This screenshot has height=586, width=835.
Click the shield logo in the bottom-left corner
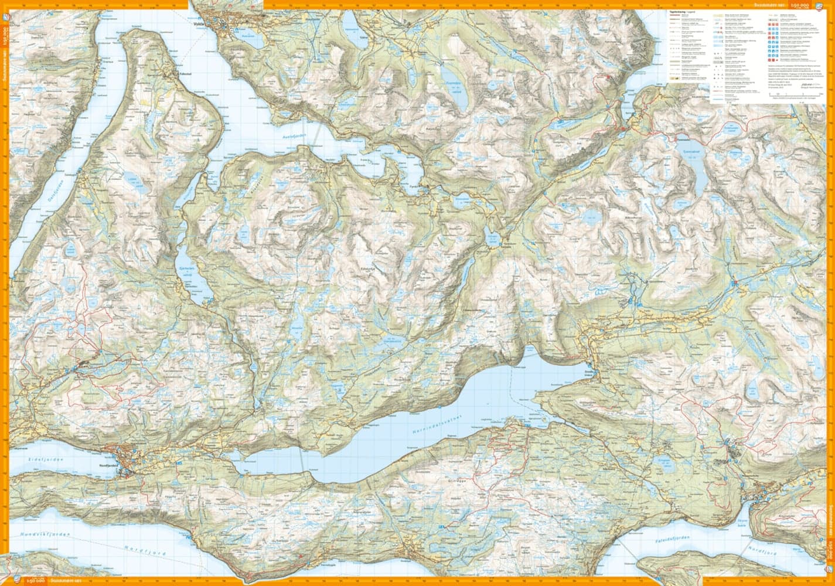[x=16, y=580]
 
